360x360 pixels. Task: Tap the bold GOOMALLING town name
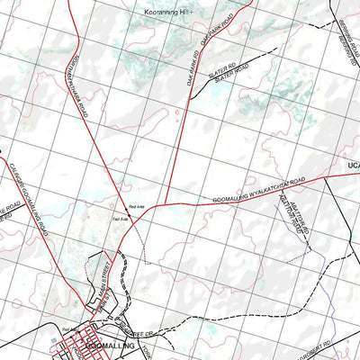pos(117,346)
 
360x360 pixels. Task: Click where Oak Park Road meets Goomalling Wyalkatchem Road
pos(171,203)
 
